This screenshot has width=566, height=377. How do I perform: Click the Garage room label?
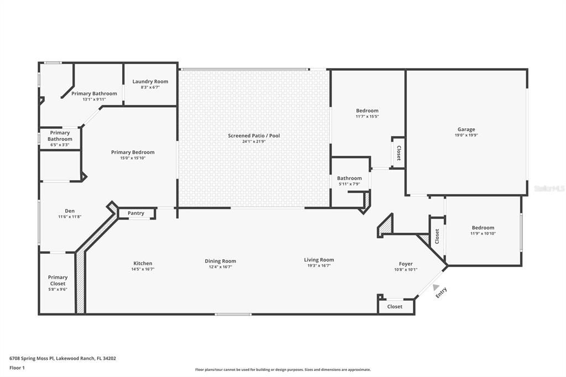tap(466, 129)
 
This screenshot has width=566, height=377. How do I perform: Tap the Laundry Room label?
tap(150, 82)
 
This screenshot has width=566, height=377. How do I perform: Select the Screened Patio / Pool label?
tap(254, 135)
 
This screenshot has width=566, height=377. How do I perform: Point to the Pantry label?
tap(136, 213)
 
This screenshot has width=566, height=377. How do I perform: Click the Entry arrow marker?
tap(436, 287)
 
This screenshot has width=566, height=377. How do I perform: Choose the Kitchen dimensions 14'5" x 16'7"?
tap(143, 269)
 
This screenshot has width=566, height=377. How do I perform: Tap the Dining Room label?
tap(221, 261)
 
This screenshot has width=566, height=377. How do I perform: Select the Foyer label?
tap(406, 264)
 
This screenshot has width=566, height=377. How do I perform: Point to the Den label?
tap(70, 211)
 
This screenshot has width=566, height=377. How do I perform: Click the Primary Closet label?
tap(57, 280)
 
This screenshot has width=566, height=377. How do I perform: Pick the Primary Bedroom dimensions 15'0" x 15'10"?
tap(133, 158)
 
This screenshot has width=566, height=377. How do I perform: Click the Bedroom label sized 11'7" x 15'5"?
tap(367, 111)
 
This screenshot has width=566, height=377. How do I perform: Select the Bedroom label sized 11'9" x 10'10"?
tap(483, 228)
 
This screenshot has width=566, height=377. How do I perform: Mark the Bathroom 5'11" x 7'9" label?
tap(349, 178)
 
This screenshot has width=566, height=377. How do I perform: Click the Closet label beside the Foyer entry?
tap(395, 306)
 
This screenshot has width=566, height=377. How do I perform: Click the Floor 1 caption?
tap(18, 368)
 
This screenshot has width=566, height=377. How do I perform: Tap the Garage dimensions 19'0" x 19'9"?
tap(466, 135)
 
